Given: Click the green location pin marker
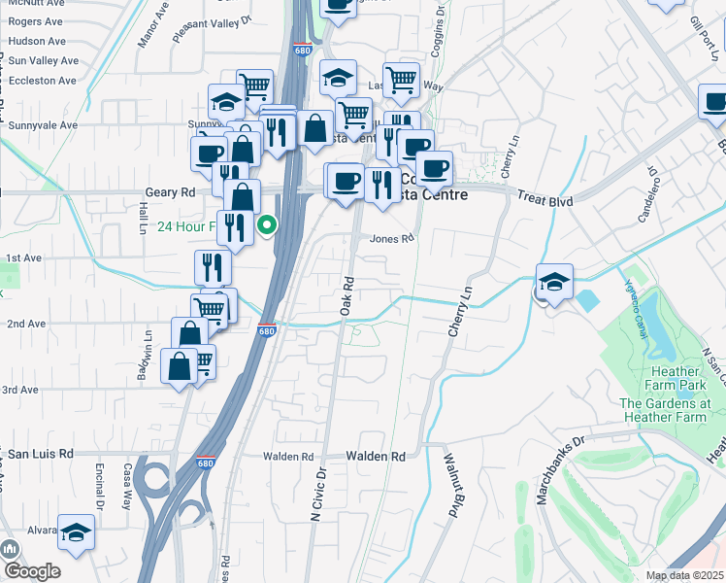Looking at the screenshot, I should point(267,226).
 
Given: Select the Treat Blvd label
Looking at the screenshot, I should point(544,200).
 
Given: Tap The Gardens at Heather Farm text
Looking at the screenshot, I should point(665,410).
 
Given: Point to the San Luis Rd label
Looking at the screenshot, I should point(41,454).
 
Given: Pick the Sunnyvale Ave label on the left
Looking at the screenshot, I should point(43,125).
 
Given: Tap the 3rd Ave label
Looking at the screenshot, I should point(19,390).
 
